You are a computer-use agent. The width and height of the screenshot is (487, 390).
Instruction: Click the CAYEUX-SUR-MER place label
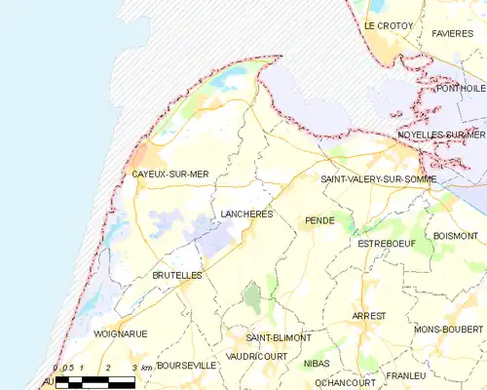click(170, 175)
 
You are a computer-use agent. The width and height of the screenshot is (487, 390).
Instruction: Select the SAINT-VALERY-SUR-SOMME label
click(378, 179)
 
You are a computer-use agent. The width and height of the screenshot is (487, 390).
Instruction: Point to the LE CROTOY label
click(389, 25)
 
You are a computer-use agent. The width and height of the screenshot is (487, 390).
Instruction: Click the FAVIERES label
click(452, 33)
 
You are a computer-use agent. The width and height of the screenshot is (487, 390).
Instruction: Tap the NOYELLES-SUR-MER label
click(441, 135)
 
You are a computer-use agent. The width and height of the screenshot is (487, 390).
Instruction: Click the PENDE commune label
click(319, 221)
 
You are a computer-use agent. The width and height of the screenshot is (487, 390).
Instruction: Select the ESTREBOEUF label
click(387, 243)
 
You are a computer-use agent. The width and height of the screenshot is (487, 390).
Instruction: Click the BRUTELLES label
click(176, 276)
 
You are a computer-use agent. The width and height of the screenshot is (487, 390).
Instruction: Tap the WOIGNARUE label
click(121, 333)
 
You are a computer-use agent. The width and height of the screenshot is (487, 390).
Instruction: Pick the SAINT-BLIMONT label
click(279, 337)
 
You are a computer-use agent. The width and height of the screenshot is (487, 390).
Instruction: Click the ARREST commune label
click(370, 316)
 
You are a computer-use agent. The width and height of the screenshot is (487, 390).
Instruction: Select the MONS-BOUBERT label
click(449, 331)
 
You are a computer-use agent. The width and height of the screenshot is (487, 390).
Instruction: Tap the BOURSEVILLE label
click(186, 366)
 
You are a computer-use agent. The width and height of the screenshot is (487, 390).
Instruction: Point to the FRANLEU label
click(405, 375)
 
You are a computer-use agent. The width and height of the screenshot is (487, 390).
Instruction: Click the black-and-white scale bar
click(94, 382)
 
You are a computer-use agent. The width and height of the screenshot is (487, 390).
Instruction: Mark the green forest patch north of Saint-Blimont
click(252, 297)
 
